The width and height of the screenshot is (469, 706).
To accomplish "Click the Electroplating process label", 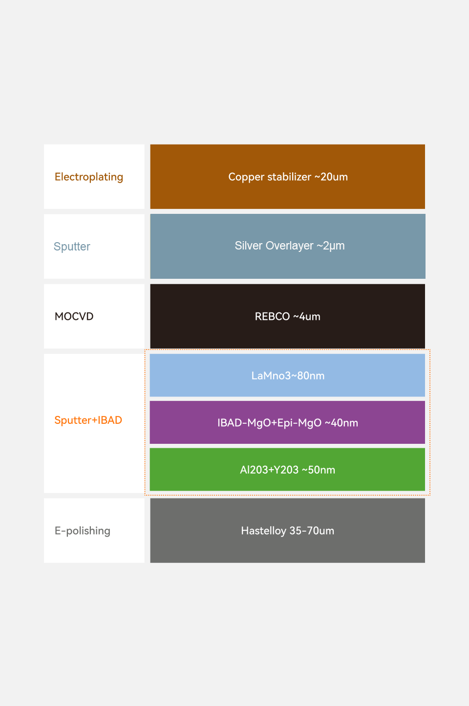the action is [88, 177].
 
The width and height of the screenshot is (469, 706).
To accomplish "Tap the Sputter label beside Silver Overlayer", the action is [72, 247].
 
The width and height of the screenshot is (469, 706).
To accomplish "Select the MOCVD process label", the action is [74, 316].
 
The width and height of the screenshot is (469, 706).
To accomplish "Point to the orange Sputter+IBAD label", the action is [88, 420].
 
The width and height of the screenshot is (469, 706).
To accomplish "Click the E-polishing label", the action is [83, 531].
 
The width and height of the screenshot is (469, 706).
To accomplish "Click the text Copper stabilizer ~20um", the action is [288, 177].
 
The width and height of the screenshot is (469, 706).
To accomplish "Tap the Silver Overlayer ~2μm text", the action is [290, 246].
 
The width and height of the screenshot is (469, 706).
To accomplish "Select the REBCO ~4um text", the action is [287, 316].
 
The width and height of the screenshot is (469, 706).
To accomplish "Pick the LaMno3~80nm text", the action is [288, 375].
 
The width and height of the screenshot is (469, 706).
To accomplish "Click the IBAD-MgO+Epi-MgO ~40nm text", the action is [288, 423].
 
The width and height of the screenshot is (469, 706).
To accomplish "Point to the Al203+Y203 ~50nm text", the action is [287, 470].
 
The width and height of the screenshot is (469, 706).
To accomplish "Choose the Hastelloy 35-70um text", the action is [287, 531].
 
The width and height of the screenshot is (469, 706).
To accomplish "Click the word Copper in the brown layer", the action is [246, 177].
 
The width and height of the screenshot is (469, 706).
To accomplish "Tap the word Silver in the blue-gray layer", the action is [249, 246].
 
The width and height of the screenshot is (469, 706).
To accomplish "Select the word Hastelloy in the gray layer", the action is [264, 531].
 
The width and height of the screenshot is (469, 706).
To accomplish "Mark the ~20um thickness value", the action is [331, 177].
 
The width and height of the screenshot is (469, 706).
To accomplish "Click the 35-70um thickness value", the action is [312, 531].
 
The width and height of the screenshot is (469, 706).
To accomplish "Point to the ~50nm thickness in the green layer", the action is [319, 470].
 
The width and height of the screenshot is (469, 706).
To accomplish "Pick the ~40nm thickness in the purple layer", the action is [341, 423].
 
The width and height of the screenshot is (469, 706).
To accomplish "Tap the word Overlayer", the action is [290, 246].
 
